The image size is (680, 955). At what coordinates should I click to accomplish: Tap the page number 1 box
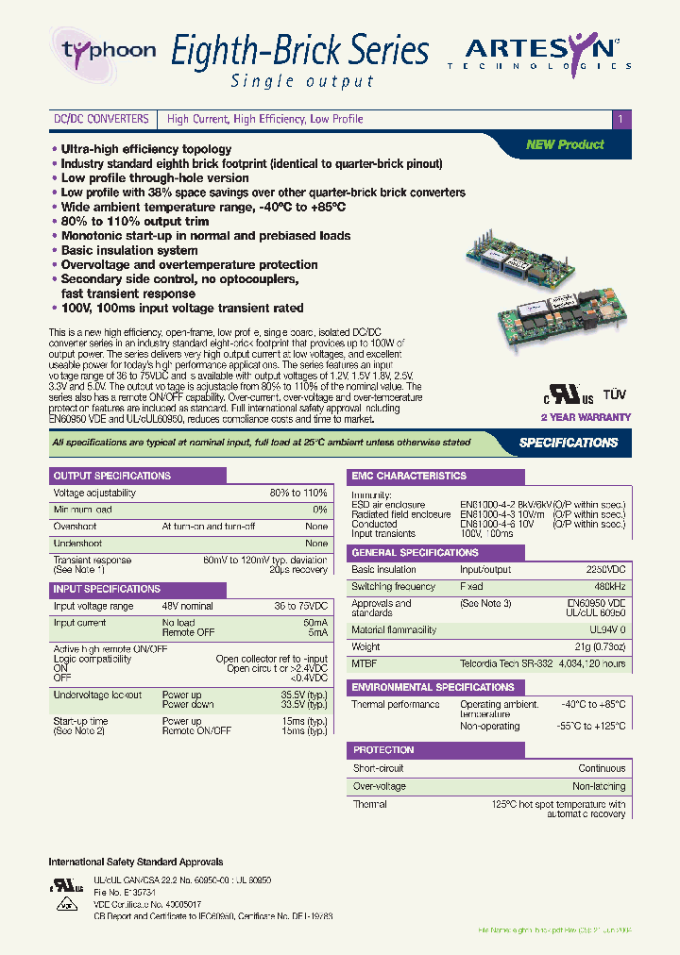(620, 120)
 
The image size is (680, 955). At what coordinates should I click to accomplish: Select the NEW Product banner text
(565, 144)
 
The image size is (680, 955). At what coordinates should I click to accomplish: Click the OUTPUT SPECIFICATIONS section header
(111, 476)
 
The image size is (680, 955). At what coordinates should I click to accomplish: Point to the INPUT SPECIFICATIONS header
(107, 589)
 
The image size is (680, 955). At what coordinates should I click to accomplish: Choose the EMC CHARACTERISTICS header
(408, 477)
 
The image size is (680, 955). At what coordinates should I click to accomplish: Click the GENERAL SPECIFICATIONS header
(415, 552)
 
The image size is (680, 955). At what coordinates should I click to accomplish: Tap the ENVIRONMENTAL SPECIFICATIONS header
(433, 687)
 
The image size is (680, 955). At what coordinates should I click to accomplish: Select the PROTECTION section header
(383, 750)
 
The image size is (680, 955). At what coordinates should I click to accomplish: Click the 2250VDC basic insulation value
(605, 570)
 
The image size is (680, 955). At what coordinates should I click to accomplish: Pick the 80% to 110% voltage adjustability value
(298, 493)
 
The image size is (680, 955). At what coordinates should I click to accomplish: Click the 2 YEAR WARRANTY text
(585, 416)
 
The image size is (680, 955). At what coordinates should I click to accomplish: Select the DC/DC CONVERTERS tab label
(101, 120)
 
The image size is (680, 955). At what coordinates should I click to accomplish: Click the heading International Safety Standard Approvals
(135, 862)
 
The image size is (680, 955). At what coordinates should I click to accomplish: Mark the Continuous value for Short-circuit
(602, 769)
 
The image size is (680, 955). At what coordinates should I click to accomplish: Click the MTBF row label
(365, 664)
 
